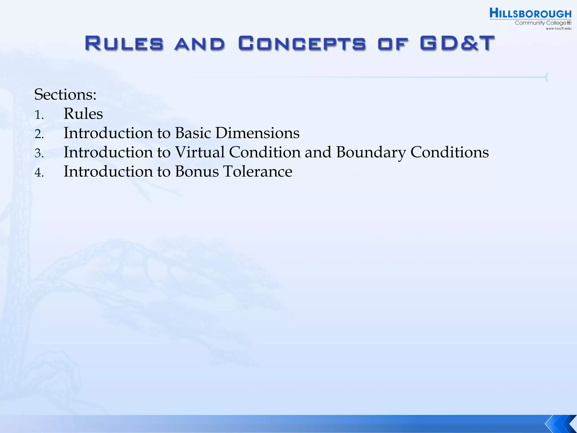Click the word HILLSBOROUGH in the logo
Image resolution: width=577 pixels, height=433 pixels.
coord(530,14)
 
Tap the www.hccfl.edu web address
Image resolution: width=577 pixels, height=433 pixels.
coord(558,28)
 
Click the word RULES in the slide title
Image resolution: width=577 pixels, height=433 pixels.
coord(124,43)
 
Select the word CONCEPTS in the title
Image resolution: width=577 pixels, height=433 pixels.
coord(302,43)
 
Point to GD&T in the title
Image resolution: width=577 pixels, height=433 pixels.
coord(457,43)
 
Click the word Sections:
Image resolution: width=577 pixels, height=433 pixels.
coord(65,94)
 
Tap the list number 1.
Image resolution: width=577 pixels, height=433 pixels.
coord(39,115)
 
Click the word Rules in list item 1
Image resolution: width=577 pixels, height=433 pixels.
coord(83,114)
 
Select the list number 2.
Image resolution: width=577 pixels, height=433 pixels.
coord(39,134)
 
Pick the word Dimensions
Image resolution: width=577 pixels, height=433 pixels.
coord(257,133)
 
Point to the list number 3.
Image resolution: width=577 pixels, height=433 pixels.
coord(39,153)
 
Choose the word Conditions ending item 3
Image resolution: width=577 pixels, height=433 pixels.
coord(449,152)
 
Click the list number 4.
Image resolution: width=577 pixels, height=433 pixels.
coord(39,173)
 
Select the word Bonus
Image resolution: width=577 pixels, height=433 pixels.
coord(197,171)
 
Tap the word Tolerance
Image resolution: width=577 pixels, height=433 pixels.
coord(258,171)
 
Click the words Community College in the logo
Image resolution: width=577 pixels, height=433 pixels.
coord(540,23)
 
